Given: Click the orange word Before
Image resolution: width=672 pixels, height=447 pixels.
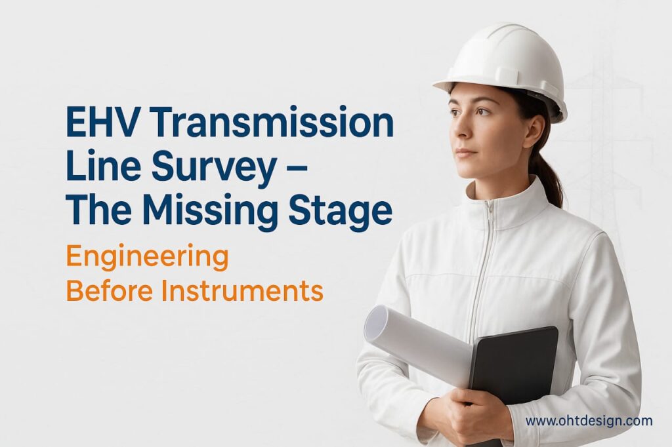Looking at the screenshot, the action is coord(110,290).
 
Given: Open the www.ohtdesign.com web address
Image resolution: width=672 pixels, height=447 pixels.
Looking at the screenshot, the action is coord(589,420).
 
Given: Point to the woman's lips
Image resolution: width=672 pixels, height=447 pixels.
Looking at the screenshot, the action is coord(465,153).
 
